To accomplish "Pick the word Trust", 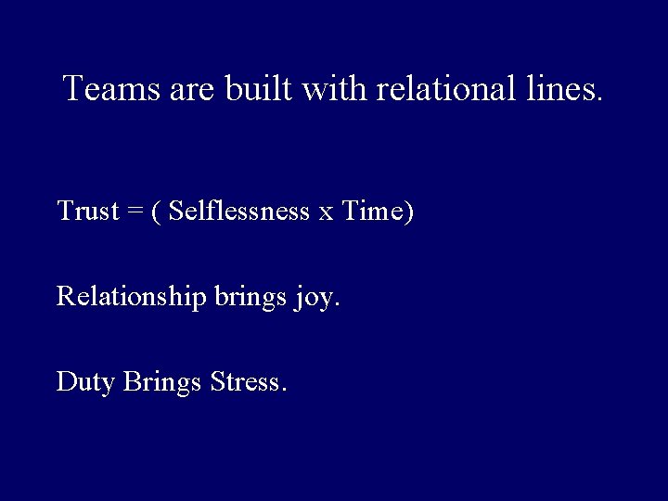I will pyautogui.click(x=88, y=212).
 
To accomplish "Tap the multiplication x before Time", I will pyautogui.click(x=326, y=214).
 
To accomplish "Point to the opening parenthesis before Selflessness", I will pyautogui.click(x=157, y=212).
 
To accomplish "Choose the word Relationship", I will pyautogui.click(x=131, y=297).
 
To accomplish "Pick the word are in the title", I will pyautogui.click(x=190, y=90).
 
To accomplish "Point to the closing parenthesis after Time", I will pyautogui.click(x=409, y=212).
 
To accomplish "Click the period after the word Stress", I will pyautogui.click(x=282, y=390).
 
